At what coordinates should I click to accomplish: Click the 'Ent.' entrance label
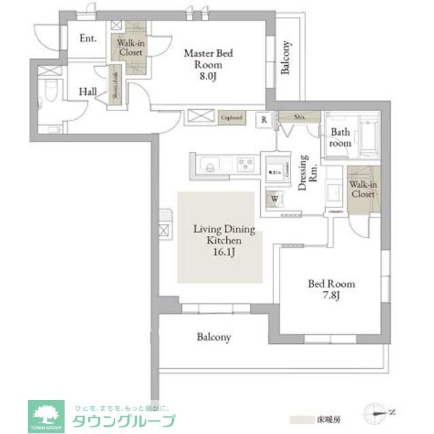[88, 39]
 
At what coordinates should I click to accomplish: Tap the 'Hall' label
[87, 92]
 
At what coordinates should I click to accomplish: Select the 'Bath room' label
[340, 138]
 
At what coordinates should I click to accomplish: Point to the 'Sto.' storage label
[300, 117]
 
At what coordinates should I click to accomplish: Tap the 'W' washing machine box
[275, 199]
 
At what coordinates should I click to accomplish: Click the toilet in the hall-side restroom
[48, 92]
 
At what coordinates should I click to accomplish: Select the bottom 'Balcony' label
[214, 336]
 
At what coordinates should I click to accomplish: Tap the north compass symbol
[376, 411]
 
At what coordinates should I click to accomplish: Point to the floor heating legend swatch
[301, 420]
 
